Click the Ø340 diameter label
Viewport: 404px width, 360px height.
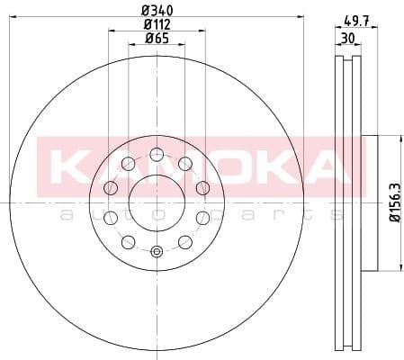(x=157, y=10)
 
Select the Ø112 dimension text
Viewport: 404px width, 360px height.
(x=157, y=24)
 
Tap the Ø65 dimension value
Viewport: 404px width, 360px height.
(x=157, y=39)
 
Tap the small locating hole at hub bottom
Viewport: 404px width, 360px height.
(x=157, y=252)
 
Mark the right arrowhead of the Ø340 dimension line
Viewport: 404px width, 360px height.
(x=302, y=17)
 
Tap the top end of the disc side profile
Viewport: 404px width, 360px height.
(x=346, y=58)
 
